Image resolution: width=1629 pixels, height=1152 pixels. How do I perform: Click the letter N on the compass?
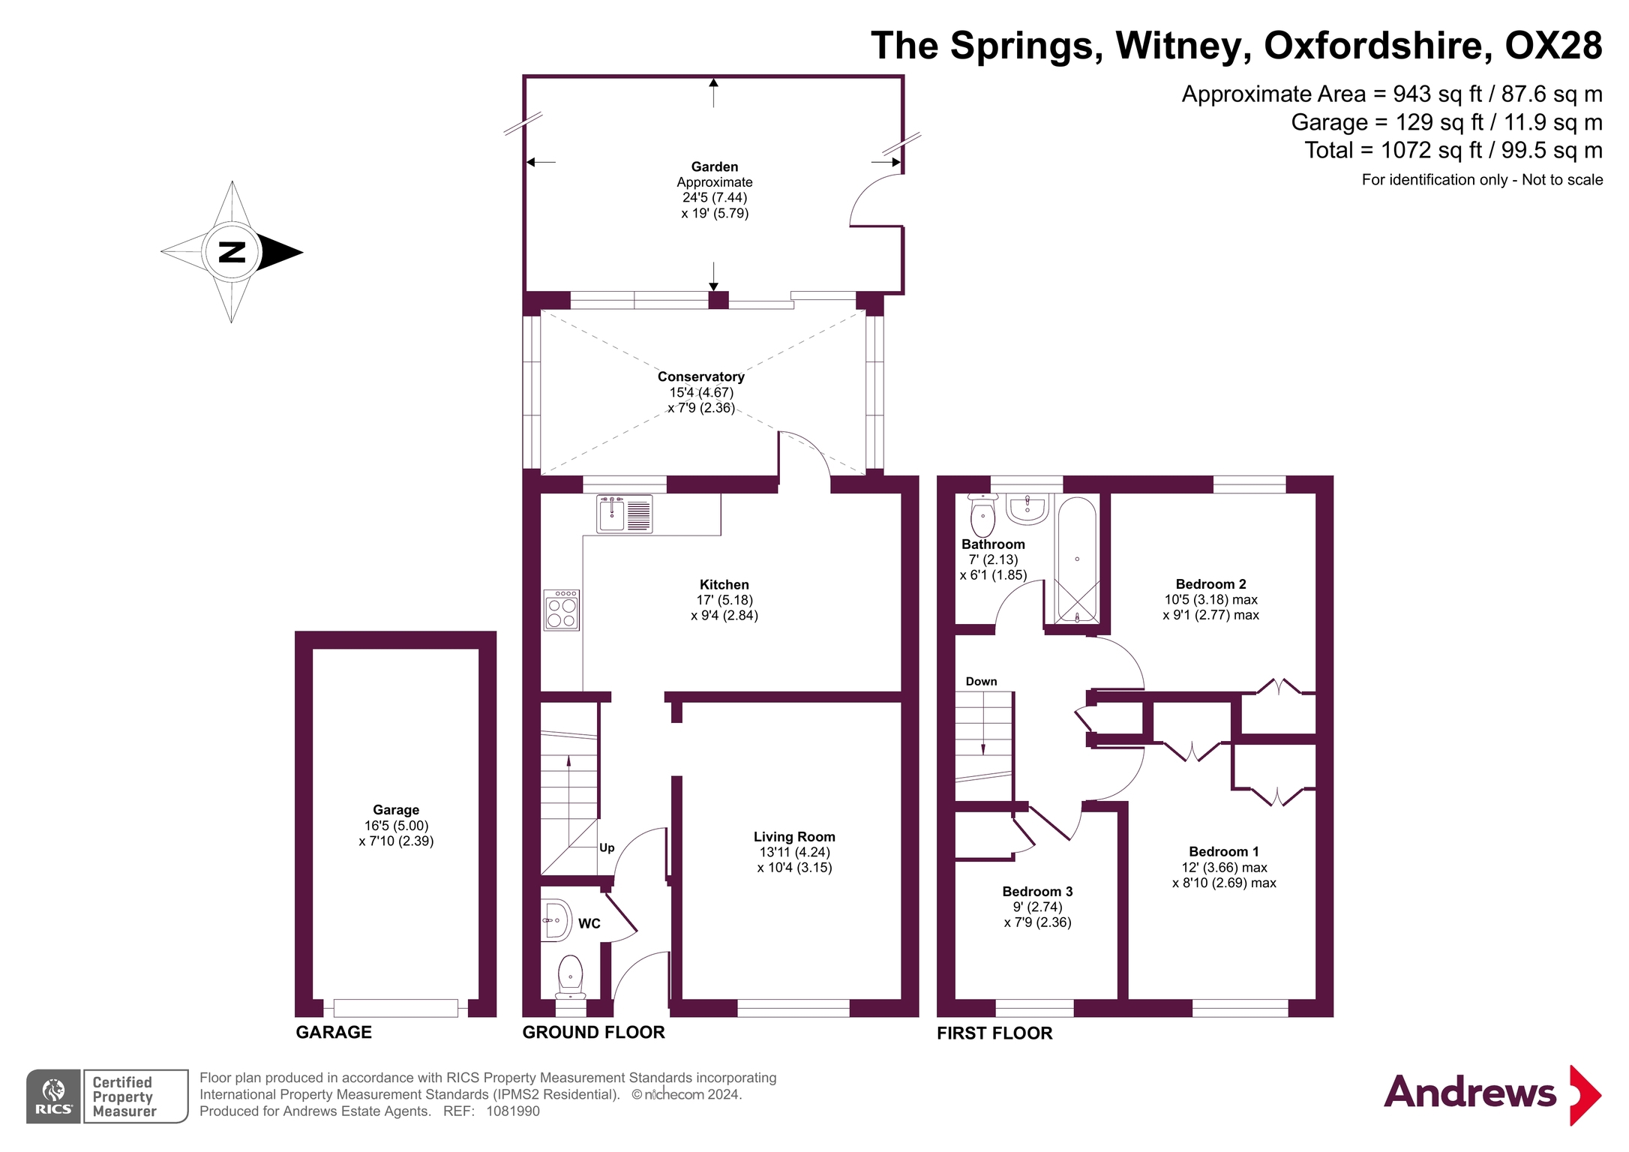[232, 252]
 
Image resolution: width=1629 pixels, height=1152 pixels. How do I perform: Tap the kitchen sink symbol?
[624, 514]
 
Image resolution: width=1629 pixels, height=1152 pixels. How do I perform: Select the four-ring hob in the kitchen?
[562, 610]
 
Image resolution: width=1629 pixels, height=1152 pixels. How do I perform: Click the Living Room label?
[794, 837]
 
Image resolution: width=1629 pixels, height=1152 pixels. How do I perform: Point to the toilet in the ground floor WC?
[571, 976]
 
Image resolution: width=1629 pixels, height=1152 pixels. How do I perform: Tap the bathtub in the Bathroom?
[1077, 559]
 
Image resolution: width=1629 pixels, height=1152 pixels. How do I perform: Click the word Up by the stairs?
[607, 847]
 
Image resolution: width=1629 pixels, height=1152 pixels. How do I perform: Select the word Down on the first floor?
[981, 681]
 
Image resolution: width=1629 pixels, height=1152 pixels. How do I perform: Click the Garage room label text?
[396, 810]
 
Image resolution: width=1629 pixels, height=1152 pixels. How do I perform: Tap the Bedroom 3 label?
[1037, 891]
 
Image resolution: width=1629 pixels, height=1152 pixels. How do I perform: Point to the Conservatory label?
[700, 376]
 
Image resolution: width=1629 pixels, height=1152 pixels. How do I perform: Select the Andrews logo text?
[1469, 1093]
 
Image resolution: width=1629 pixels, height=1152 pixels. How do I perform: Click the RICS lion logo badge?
[53, 1096]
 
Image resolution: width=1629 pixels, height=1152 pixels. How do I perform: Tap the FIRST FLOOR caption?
[994, 1033]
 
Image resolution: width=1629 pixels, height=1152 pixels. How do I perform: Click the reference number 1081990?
[513, 1111]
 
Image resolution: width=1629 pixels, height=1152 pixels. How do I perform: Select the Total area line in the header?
[1453, 150]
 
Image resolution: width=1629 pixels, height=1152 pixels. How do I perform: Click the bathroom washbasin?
[1027, 509]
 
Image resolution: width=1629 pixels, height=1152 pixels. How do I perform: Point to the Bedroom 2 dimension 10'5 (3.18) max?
[1210, 599]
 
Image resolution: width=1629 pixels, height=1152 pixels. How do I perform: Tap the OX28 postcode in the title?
[1553, 46]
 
